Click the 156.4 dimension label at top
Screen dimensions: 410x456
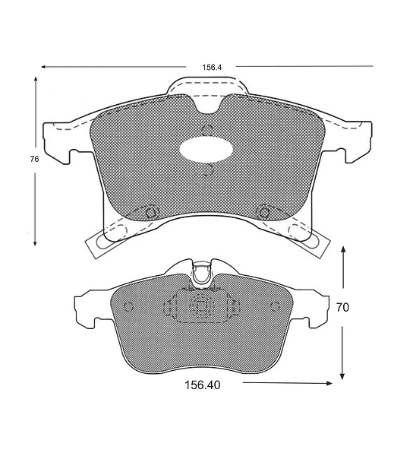[x=212, y=68]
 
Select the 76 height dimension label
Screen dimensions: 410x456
[x=34, y=159]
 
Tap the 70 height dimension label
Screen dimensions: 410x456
[x=342, y=307]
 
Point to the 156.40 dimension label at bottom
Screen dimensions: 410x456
[x=203, y=385]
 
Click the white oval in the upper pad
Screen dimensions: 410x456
[x=206, y=150]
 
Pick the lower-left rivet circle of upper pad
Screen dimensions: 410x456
[x=151, y=212]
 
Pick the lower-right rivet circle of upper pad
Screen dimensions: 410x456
[x=263, y=212]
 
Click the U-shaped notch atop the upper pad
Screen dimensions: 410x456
[x=207, y=106]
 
